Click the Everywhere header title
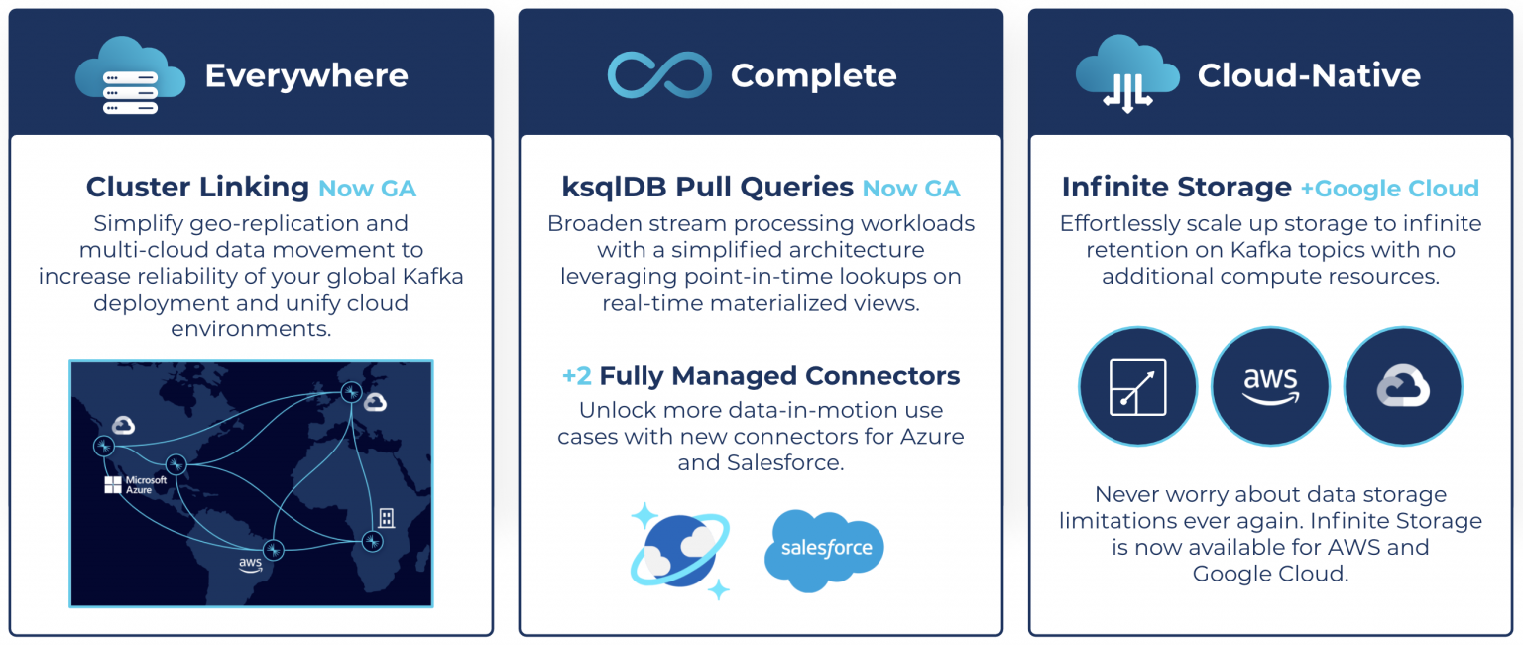click(305, 75)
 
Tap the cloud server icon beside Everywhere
click(130, 74)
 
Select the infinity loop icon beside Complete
click(659, 75)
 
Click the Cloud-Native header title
click(1309, 75)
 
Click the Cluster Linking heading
click(197, 187)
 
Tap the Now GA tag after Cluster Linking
click(367, 189)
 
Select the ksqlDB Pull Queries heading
click(707, 187)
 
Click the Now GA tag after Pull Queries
click(911, 189)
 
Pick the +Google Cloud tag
click(1390, 189)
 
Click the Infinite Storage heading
click(1176, 187)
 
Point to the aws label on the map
click(250, 564)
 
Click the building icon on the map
click(386, 517)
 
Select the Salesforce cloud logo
click(824, 549)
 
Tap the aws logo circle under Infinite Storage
click(1270, 386)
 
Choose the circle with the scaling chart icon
click(1137, 386)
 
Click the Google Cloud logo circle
click(1403, 386)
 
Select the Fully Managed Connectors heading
click(761, 376)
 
